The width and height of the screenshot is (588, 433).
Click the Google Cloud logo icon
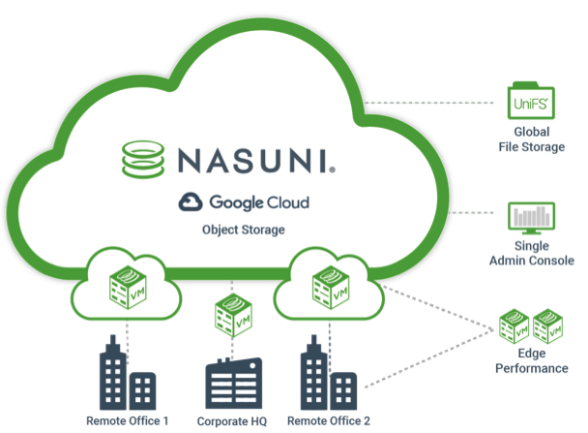[x=190, y=201]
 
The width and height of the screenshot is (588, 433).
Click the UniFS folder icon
[x=530, y=101]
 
